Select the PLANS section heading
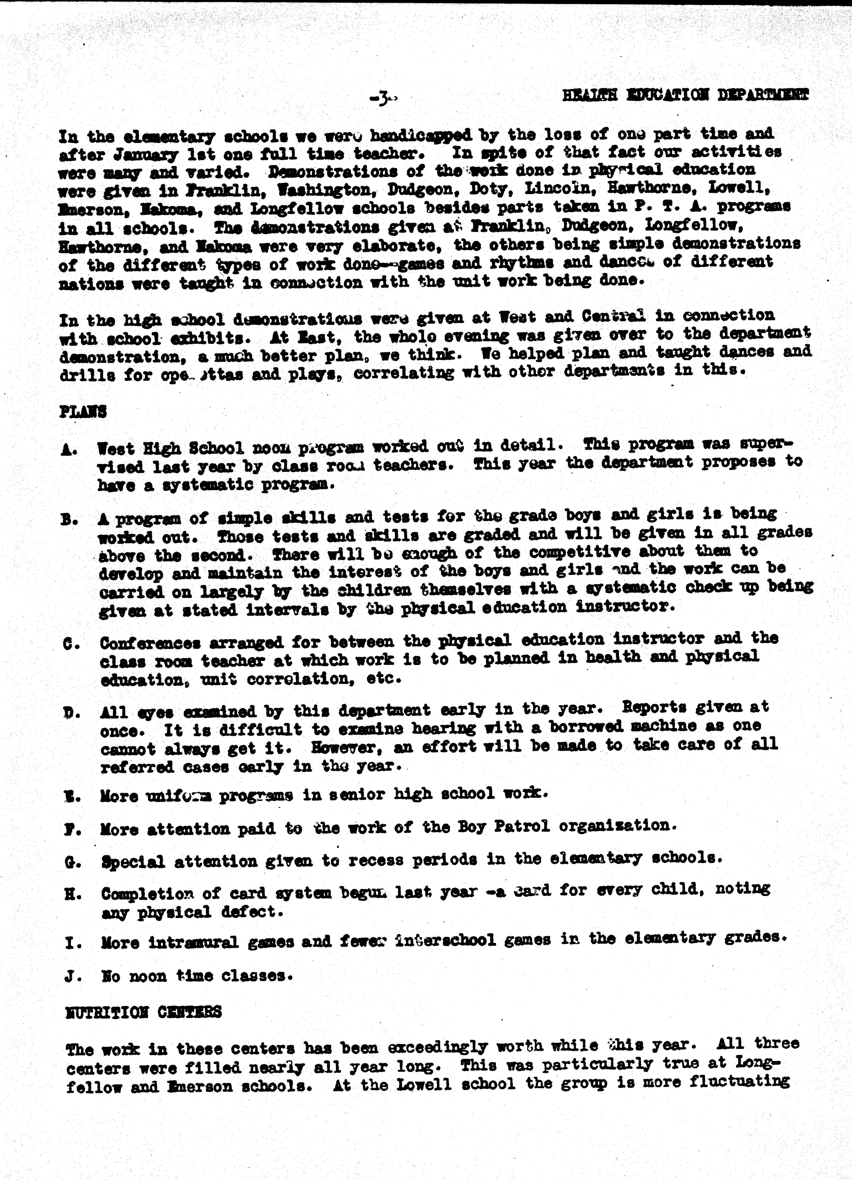(x=83, y=412)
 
